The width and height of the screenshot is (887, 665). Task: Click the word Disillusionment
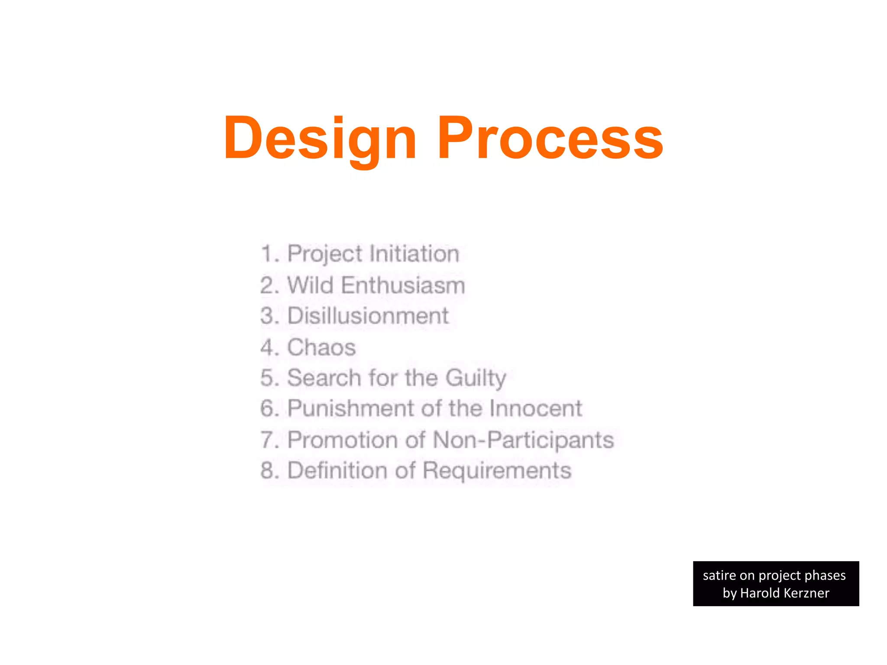(368, 316)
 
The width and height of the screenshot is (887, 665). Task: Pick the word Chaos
(321, 347)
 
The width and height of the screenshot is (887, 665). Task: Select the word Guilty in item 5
(476, 378)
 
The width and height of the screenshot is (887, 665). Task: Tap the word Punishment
(351, 408)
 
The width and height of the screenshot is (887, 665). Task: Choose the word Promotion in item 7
(343, 440)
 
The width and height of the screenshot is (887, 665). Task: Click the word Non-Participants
(523, 440)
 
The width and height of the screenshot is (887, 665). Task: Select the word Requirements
(497, 471)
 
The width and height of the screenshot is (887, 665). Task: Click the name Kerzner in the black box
(806, 593)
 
